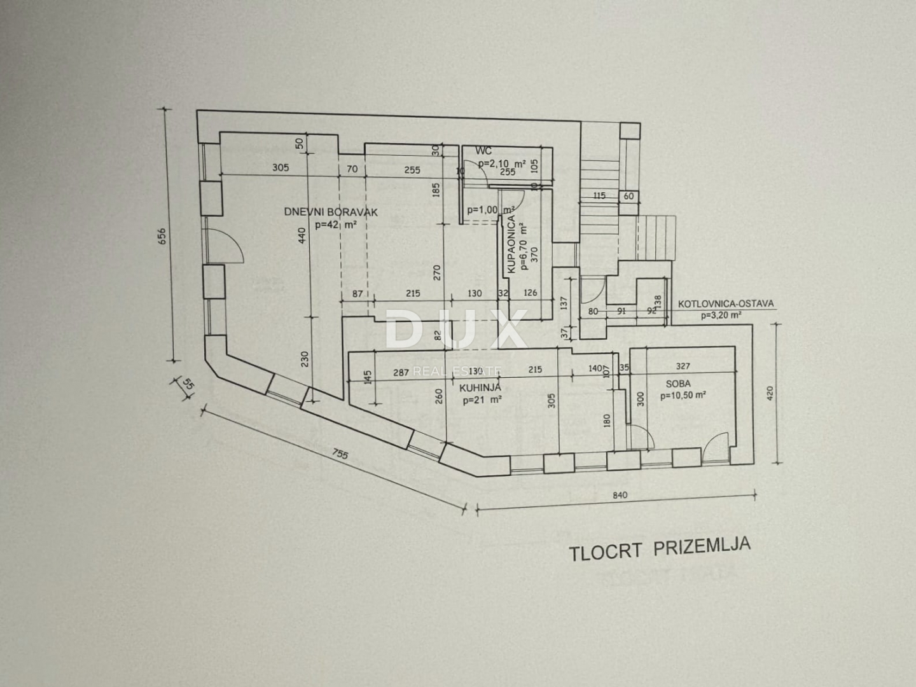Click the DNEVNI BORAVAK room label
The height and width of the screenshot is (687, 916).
(x=331, y=212)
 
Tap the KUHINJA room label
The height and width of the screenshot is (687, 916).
(x=480, y=387)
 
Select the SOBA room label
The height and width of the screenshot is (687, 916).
(x=678, y=384)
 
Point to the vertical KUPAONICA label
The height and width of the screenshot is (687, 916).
(x=511, y=244)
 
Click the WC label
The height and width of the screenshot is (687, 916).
(x=483, y=151)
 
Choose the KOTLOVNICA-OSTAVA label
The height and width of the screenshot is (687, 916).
(x=726, y=303)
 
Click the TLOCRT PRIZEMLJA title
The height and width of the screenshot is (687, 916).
(x=660, y=549)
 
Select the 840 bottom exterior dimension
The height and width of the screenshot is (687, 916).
(x=620, y=495)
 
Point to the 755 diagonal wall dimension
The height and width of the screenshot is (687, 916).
(x=340, y=454)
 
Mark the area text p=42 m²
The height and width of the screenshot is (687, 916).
(x=336, y=225)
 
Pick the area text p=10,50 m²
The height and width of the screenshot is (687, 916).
(x=683, y=395)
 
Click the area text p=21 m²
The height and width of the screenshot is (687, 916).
(x=482, y=400)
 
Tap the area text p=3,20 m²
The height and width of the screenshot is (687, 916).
(x=720, y=315)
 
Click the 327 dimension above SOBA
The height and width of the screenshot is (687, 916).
(x=683, y=366)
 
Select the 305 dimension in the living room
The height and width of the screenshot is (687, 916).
(x=281, y=168)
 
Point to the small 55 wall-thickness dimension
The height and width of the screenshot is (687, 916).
(x=188, y=384)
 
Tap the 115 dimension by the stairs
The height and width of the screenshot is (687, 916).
(x=599, y=196)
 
